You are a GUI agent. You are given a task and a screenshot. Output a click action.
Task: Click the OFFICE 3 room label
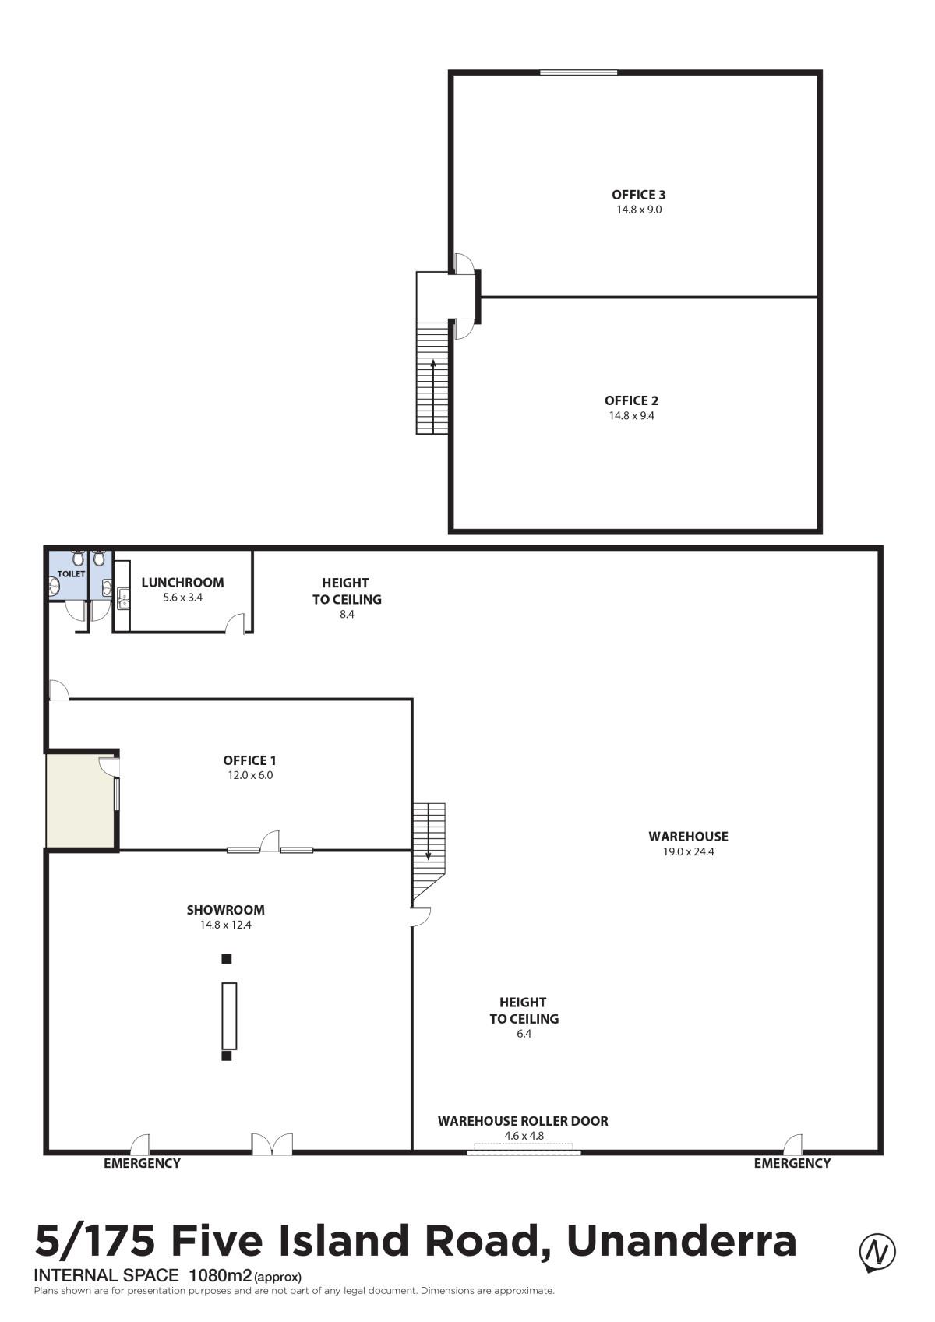click(x=638, y=195)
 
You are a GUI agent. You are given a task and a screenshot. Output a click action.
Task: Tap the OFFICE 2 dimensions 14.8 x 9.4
click(x=632, y=415)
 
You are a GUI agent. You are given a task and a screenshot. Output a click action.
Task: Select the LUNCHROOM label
click(x=182, y=583)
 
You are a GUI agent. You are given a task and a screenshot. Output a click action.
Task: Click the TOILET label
click(x=72, y=573)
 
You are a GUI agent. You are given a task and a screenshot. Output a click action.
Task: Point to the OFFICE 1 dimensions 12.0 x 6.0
click(x=250, y=775)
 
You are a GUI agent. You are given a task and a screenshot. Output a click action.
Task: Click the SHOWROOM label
click(x=225, y=910)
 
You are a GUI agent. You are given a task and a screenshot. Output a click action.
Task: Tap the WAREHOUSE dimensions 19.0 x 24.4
click(x=688, y=851)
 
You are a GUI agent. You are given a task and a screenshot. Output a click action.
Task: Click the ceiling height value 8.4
click(x=347, y=615)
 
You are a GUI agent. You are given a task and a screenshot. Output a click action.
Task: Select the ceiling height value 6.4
click(x=524, y=1034)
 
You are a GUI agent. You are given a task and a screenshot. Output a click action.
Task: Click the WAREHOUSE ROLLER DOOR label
click(x=523, y=1121)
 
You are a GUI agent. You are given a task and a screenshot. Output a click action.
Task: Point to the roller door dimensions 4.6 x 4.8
click(x=524, y=1136)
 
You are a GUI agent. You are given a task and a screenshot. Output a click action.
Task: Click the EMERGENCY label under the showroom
click(x=142, y=1163)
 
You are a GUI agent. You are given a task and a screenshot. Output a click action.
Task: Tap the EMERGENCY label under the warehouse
click(x=792, y=1163)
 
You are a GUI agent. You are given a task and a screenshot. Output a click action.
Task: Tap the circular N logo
click(x=877, y=1250)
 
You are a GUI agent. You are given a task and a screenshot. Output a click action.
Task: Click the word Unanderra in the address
click(x=682, y=1240)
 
